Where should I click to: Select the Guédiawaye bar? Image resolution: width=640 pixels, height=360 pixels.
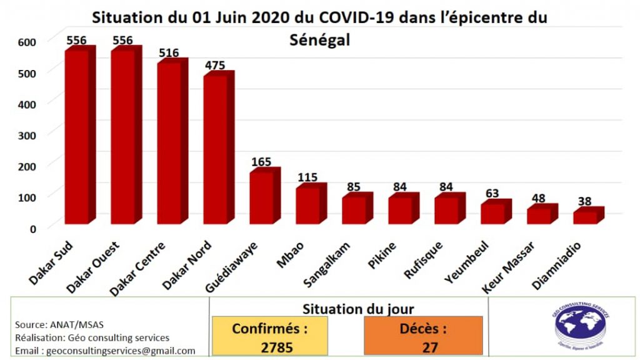tap(261, 197)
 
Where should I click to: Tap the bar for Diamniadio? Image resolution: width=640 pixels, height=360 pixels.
tap(585, 217)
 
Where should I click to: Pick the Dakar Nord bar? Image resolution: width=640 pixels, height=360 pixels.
tap(214, 149)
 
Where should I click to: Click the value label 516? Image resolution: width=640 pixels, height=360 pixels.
tap(169, 53)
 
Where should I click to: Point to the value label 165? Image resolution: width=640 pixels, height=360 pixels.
tap(261, 162)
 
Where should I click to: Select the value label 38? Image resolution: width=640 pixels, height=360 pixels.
tap(586, 202)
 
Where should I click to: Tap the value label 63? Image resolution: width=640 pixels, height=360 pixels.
tap(492, 193)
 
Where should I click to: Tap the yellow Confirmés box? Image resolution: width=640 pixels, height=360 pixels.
tap(270, 337)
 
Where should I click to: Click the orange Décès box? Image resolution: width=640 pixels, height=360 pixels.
tap(423, 337)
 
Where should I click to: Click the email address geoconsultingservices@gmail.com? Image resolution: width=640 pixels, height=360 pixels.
tap(106, 351)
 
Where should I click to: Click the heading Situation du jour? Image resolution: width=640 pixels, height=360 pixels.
tap(357, 308)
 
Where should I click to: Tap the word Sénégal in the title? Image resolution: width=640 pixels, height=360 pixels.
tap(320, 40)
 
